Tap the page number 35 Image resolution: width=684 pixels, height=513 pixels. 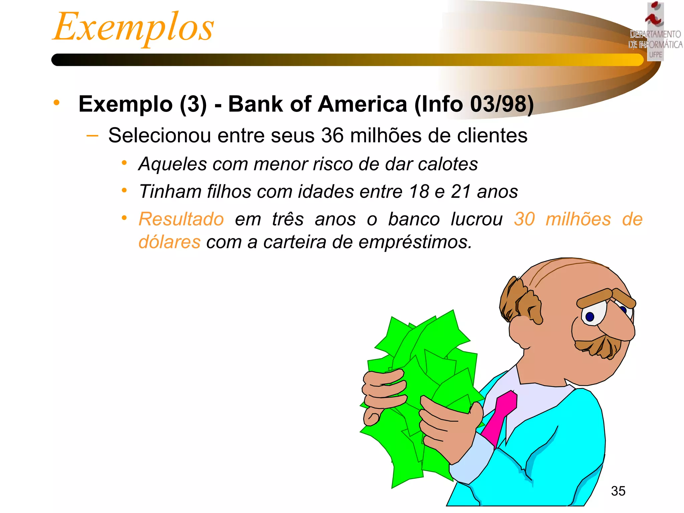coord(618,491)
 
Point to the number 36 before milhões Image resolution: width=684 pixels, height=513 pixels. coord(332,136)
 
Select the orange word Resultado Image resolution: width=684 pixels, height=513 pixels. coord(181,219)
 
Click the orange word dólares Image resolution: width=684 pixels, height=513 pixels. coord(170,242)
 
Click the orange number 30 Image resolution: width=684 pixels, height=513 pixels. coord(524,219)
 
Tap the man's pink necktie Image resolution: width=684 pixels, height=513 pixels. coord(501,417)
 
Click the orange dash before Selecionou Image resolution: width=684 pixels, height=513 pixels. coord(92,136)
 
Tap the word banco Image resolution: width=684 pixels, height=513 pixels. coord(414,219)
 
